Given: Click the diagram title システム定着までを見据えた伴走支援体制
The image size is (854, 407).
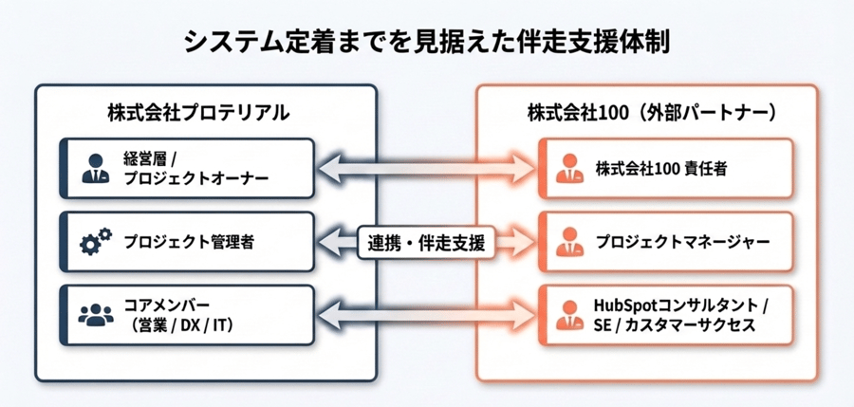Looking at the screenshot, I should pyautogui.click(x=426, y=43).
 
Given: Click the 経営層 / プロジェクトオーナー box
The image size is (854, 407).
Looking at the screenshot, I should pyautogui.click(x=186, y=169).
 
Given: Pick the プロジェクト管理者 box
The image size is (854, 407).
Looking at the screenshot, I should pyautogui.click(x=186, y=242).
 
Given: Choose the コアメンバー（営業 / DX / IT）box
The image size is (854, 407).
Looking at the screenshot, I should pyautogui.click(x=186, y=314).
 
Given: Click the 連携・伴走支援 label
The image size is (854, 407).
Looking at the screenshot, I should pyautogui.click(x=425, y=243).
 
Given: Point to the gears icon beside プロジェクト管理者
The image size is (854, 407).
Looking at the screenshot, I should pyautogui.click(x=95, y=243).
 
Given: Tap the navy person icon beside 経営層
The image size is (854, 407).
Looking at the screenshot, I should pyautogui.click(x=95, y=169).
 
